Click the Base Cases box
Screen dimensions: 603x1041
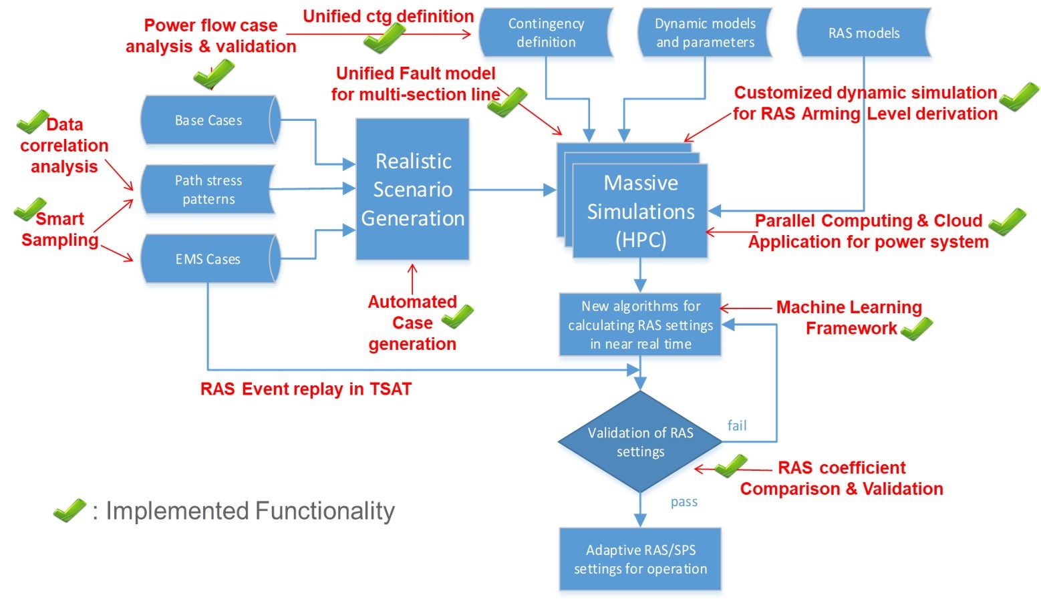[209, 120]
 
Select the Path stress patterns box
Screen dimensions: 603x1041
[208, 190]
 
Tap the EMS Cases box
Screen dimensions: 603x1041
[208, 259]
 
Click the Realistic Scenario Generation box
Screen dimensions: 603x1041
[412, 190]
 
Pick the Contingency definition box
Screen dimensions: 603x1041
[546, 33]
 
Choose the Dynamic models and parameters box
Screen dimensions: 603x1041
[705, 33]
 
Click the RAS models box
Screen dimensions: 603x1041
[863, 33]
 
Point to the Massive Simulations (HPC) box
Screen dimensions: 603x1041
[640, 211]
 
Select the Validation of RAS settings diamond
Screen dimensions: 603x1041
[640, 441]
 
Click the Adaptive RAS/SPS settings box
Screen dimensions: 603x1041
[640, 560]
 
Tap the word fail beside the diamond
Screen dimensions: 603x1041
[737, 425]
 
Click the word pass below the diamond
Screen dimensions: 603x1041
[684, 502]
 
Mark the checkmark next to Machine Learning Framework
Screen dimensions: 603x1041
[917, 329]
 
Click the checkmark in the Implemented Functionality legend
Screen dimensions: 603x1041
[69, 510]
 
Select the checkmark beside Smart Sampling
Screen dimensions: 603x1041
[30, 209]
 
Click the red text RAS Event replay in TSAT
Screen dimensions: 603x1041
[306, 389]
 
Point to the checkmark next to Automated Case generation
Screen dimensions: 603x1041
[458, 316]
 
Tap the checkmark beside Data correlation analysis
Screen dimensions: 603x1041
[32, 122]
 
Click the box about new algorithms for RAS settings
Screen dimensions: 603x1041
[640, 325]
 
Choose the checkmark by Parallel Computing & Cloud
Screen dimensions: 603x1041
[1007, 222]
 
